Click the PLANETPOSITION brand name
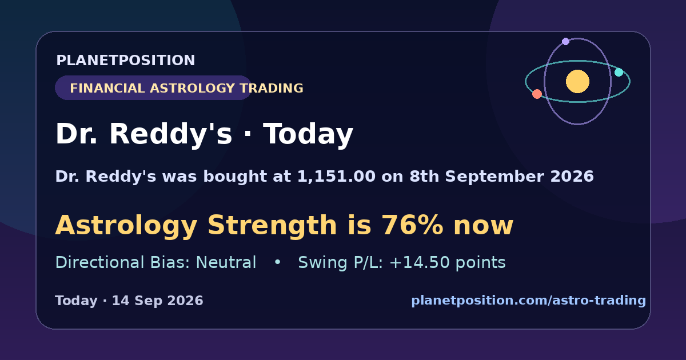126,60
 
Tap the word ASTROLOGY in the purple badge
192,88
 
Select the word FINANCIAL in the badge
107,88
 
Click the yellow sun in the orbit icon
577,81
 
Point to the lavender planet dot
565,41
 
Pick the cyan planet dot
619,72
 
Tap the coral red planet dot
537,94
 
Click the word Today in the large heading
308,134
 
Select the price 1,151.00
336,177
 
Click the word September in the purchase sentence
494,177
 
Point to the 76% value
412,225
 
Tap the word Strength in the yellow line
272,225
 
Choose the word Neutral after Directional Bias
226,262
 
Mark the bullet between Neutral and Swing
277,262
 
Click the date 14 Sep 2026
157,301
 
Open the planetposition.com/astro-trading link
529,301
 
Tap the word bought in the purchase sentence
235,177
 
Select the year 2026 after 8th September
572,177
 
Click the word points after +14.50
481,262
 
